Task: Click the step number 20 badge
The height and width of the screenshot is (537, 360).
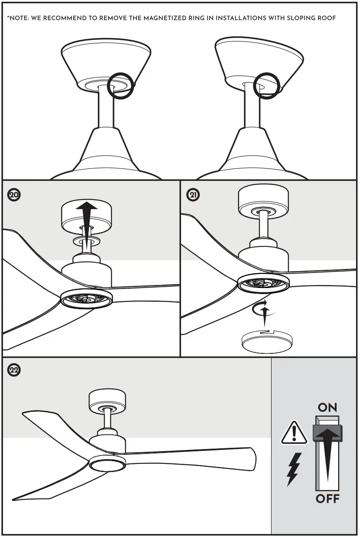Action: point(14,195)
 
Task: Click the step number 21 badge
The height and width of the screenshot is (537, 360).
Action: point(193,195)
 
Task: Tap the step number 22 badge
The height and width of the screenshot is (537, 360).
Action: point(14,370)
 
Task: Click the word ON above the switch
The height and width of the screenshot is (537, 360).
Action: point(327,408)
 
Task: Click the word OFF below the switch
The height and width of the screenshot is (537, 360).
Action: point(328,499)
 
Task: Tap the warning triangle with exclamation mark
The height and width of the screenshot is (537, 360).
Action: point(294,433)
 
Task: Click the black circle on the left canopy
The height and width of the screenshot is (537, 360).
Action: point(120,85)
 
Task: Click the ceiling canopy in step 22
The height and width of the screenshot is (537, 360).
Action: point(107,401)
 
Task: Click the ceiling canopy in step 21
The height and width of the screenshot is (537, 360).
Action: point(263,200)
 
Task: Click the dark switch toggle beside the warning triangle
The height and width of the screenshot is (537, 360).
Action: point(328,433)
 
